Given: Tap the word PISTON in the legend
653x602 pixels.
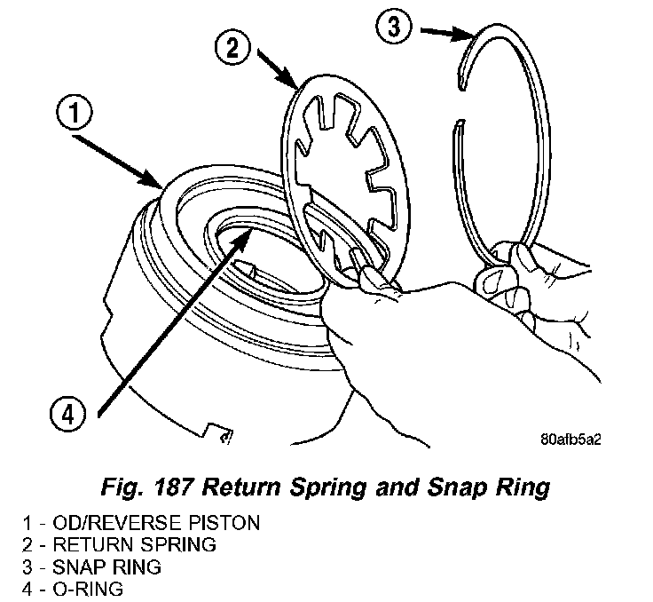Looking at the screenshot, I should [225, 523].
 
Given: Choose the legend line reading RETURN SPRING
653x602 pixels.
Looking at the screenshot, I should [125, 543].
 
